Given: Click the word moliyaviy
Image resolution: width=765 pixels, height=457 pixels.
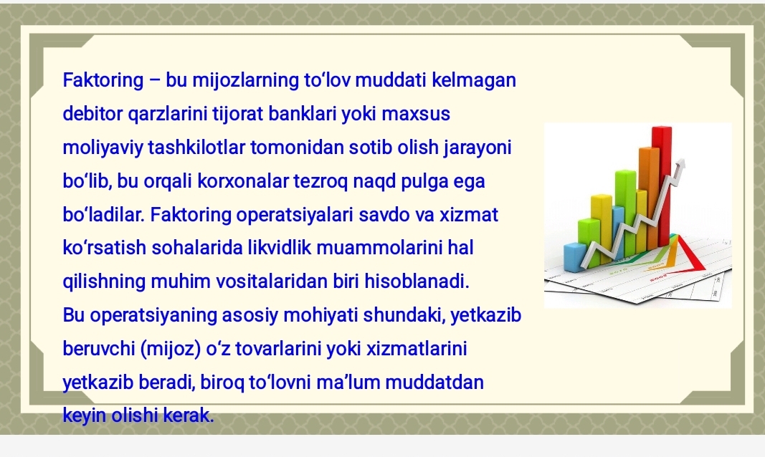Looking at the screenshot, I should (x=103, y=148).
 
